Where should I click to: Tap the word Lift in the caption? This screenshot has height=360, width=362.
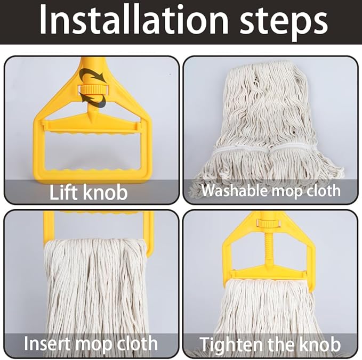click(65, 192)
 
